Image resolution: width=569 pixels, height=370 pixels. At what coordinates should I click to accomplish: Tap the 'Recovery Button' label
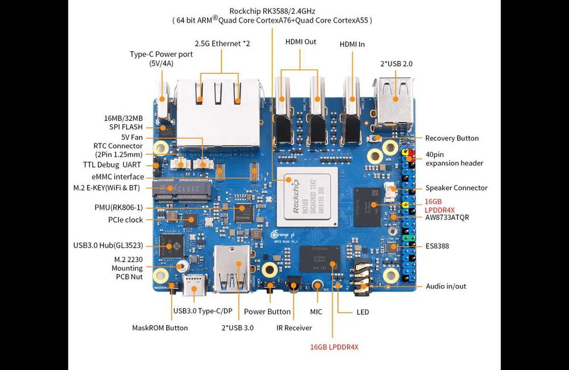point(452,138)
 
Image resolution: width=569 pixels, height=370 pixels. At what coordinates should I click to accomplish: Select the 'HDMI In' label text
point(352,44)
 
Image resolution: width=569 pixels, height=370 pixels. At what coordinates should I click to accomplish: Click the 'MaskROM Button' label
point(160,327)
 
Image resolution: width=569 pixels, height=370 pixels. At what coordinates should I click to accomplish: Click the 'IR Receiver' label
point(294,327)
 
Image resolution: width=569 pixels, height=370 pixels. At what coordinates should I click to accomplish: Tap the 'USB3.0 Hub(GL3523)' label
point(108,246)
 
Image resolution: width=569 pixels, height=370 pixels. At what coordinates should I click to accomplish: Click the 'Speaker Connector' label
point(456,188)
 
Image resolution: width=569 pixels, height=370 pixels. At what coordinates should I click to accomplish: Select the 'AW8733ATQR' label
point(447,217)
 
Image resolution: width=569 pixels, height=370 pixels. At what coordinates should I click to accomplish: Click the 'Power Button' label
point(267,311)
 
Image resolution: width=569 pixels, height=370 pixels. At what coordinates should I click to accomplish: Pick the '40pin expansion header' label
point(454,159)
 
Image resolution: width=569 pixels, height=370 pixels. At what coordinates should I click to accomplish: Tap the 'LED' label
point(362,311)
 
